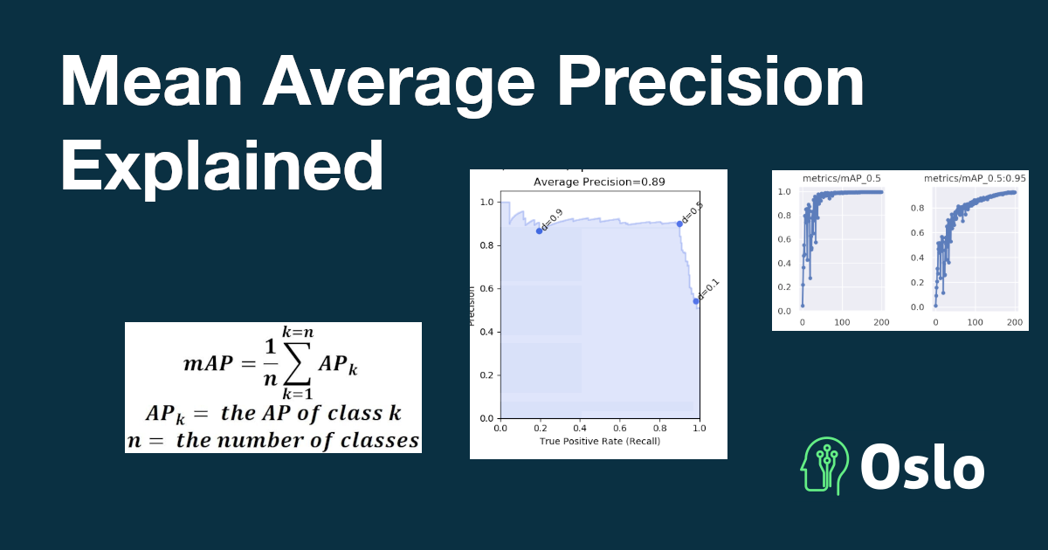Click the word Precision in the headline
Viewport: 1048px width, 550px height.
tap(710, 82)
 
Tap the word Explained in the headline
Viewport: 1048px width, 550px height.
tap(222, 167)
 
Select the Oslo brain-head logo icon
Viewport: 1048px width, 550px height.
tap(824, 466)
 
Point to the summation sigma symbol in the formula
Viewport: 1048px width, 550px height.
tap(297, 363)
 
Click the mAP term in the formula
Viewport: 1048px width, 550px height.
tap(208, 363)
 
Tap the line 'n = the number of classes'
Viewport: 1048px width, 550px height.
tap(273, 440)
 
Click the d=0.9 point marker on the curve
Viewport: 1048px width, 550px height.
tap(539, 230)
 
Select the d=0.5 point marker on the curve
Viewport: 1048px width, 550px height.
tap(679, 223)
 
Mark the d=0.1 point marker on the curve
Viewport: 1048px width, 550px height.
tap(696, 301)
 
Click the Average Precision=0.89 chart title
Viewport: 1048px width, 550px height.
tap(599, 182)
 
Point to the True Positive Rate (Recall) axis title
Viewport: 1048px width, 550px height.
tap(600, 441)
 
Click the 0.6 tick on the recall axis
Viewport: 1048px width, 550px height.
tap(620, 428)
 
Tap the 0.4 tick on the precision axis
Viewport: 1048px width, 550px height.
tap(487, 332)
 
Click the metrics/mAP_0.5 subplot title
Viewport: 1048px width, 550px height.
tap(842, 178)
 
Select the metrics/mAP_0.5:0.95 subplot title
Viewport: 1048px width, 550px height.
tap(975, 178)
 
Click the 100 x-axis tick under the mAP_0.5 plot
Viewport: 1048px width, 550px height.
tap(842, 322)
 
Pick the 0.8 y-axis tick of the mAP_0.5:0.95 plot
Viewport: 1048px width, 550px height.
tap(918, 208)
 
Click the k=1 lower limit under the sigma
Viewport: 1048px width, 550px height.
tap(297, 394)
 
